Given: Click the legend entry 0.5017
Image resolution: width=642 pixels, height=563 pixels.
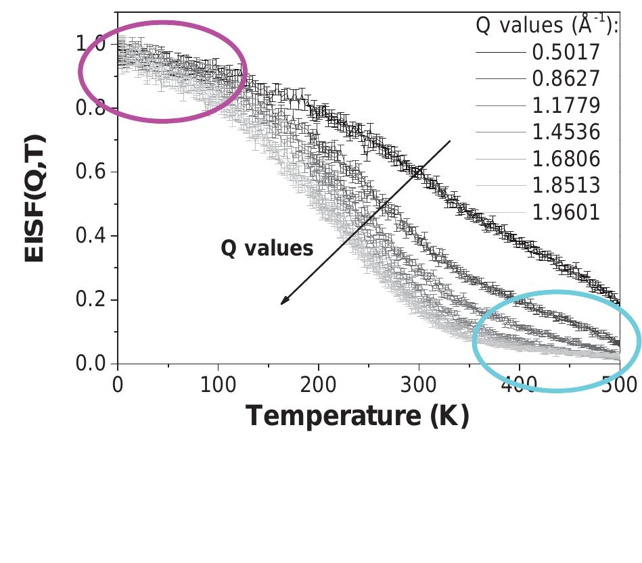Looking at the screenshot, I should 566,52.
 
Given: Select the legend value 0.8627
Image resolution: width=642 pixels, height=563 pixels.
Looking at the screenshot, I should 566,79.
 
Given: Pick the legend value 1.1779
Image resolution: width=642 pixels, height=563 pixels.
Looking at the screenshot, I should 566,105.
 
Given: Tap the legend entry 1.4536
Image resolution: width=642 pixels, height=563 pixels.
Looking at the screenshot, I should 566,132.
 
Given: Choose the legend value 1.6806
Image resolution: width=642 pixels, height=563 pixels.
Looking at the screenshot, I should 566,159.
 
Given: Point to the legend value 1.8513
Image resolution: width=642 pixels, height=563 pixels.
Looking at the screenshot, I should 566,185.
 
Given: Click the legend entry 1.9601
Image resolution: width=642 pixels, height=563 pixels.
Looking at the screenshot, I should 566,212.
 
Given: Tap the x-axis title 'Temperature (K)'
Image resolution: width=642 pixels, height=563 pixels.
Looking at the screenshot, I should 357,415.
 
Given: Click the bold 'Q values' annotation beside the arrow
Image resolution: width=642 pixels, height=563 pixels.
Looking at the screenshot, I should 267,248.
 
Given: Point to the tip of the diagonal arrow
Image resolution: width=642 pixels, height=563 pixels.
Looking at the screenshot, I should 282,303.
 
